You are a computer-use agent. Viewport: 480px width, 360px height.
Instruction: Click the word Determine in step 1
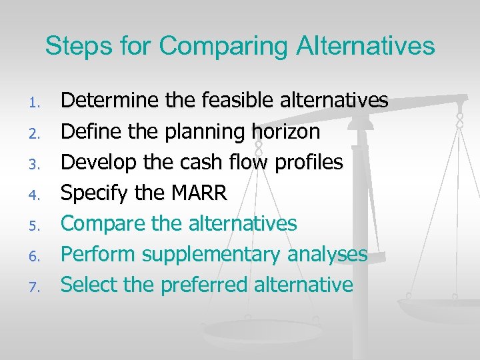point(107,101)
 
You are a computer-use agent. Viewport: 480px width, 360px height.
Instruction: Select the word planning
point(205,131)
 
